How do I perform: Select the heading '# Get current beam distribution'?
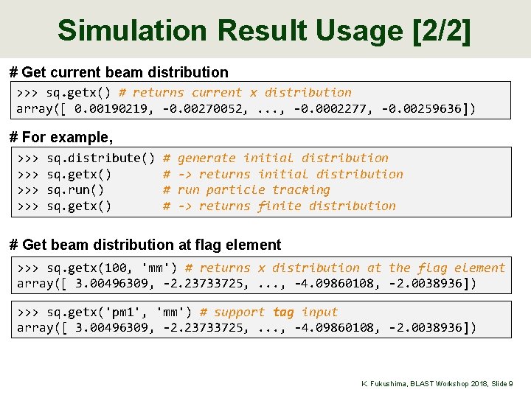[119, 72]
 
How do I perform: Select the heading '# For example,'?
[61, 137]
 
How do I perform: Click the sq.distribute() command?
[100, 158]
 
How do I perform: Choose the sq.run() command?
[75, 190]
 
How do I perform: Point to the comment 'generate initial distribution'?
[283, 158]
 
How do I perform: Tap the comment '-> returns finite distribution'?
[287, 206]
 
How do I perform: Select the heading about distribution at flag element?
[145, 245]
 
